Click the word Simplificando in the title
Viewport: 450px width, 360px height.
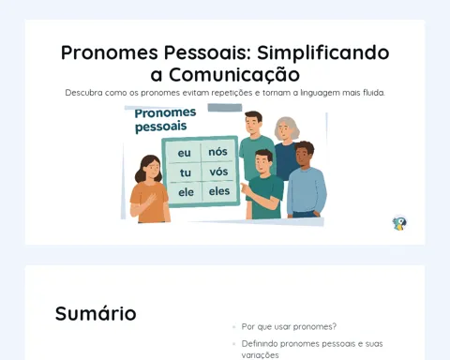pyautogui.click(x=323, y=53)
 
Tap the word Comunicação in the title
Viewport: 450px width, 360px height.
pyautogui.click(x=234, y=75)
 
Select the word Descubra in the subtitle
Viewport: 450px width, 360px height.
pyautogui.click(x=83, y=93)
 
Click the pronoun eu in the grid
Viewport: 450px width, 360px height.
pyautogui.click(x=184, y=153)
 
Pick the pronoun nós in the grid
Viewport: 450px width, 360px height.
pyautogui.click(x=217, y=152)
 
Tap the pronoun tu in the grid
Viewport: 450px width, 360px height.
pyautogui.click(x=186, y=172)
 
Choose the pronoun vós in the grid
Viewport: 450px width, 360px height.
pyautogui.click(x=218, y=172)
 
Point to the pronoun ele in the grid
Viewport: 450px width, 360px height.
pyautogui.click(x=186, y=192)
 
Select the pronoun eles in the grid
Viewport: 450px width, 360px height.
pyautogui.click(x=219, y=191)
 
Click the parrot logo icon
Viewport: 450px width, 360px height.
pyautogui.click(x=399, y=223)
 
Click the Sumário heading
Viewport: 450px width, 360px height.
pyautogui.click(x=96, y=313)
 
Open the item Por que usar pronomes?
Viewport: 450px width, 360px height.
pyautogui.click(x=289, y=327)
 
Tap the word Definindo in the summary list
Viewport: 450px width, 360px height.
pyautogui.click(x=260, y=344)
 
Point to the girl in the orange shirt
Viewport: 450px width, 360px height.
pyautogui.click(x=150, y=189)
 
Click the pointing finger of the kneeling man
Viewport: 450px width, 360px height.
pyautogui.click(x=243, y=187)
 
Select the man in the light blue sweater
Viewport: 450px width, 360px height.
pyautogui.click(x=306, y=180)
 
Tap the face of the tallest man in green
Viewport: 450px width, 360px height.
pyautogui.click(x=253, y=124)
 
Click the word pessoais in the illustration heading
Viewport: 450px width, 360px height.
pyautogui.click(x=160, y=127)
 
